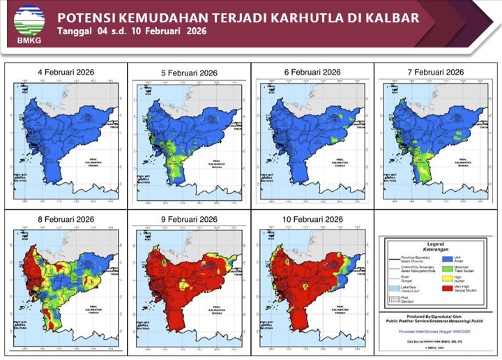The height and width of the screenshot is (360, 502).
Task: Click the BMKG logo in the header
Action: coord(29,20)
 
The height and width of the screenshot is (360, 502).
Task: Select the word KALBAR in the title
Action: coord(392,17)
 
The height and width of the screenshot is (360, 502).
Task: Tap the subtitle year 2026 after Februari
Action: coord(197,32)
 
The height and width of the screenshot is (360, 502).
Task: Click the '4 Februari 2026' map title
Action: coord(66,73)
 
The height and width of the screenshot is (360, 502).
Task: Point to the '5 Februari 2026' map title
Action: coord(190,73)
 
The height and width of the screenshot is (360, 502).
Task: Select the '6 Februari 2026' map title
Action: coord(312,73)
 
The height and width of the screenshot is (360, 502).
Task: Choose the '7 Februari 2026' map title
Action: coord(436,73)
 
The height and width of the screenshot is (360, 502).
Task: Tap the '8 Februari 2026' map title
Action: coord(66,219)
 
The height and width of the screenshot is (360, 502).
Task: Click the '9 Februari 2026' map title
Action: coord(190,219)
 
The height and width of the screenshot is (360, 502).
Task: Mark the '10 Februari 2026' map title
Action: coord(312,219)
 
